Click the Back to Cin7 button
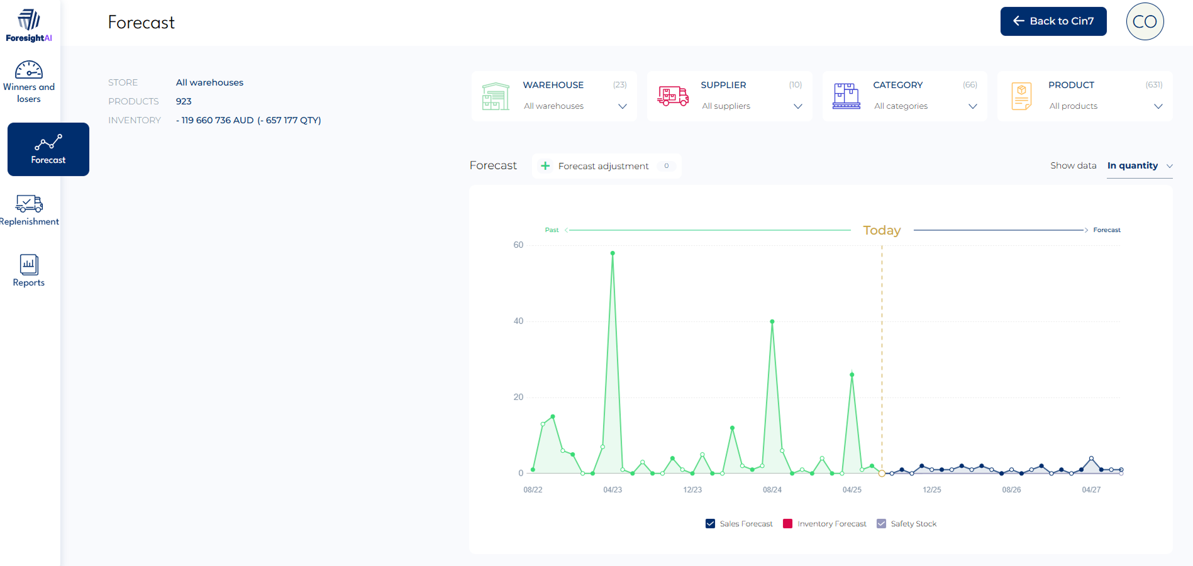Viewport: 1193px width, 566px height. tap(1053, 21)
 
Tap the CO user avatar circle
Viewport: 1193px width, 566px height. tap(1145, 21)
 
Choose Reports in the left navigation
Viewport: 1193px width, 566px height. tap(29, 271)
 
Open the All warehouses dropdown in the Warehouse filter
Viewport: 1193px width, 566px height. tap(574, 106)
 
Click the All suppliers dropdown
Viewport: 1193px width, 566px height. tap(751, 106)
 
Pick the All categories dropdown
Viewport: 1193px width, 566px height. tap(925, 106)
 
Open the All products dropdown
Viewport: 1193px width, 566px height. tap(1105, 106)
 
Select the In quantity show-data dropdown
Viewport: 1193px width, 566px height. tap(1139, 166)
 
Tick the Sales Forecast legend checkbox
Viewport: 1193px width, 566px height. tap(711, 524)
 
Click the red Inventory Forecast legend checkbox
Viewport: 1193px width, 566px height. tap(787, 524)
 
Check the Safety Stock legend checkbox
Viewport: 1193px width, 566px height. tap(882, 524)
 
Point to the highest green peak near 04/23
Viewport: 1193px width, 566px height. tap(613, 253)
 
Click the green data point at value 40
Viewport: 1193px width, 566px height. tap(772, 321)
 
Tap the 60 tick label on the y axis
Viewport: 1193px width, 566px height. tap(518, 245)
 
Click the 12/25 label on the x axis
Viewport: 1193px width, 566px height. tap(931, 490)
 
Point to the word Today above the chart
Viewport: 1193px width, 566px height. tap(882, 231)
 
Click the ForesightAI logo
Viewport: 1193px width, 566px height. tap(29, 26)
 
